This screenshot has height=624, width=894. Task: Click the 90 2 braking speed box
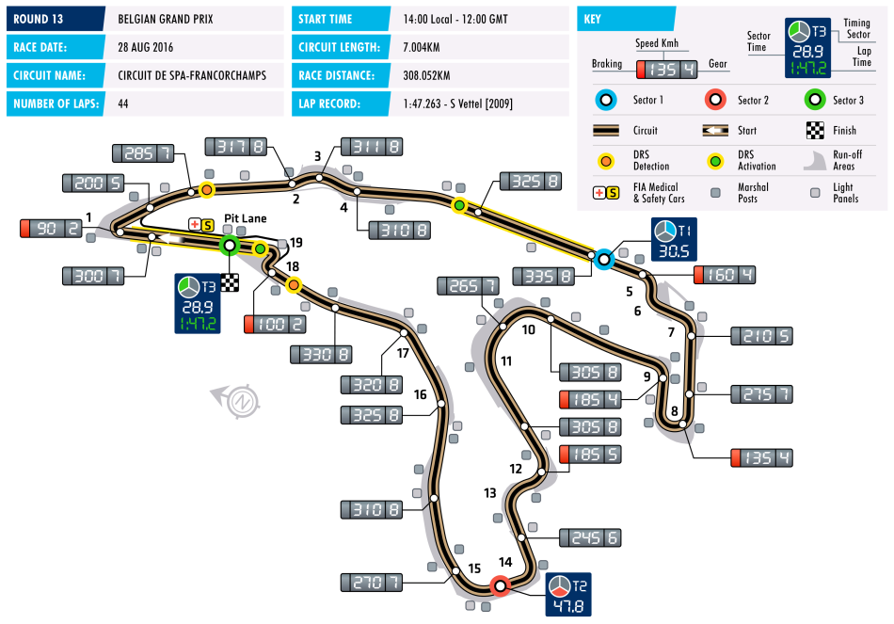(52, 228)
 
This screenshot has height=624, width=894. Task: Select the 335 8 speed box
(543, 277)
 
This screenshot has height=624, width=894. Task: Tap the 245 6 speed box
(590, 537)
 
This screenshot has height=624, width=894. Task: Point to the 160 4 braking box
(725, 275)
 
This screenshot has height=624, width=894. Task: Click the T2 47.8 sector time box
(567, 594)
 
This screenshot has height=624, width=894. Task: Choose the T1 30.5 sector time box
(674, 240)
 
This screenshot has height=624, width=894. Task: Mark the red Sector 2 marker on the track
(501, 585)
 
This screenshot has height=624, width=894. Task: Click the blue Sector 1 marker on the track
(604, 260)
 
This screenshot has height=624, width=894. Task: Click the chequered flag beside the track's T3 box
(230, 282)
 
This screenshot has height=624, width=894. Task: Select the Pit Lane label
(246, 218)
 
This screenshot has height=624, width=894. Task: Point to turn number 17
(403, 353)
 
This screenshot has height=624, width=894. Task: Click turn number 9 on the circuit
(647, 376)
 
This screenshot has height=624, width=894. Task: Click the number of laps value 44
(123, 104)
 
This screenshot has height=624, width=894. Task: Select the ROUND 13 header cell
(56, 19)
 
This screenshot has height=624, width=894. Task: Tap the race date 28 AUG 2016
(145, 47)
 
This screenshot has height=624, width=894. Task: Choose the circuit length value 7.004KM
(422, 47)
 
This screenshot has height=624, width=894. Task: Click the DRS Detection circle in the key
(605, 162)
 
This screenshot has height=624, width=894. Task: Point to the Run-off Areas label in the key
(847, 160)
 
